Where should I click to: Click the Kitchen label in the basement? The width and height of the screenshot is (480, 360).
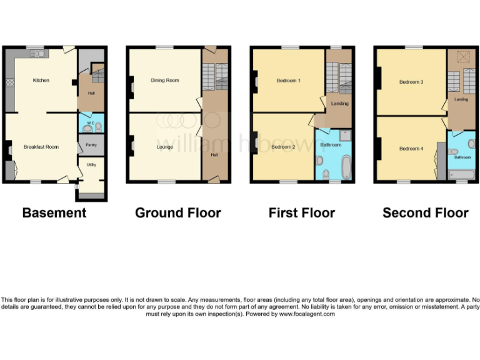[x=41, y=80]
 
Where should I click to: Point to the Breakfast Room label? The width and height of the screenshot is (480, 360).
[x=41, y=147]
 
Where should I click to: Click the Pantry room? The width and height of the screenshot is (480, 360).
[x=91, y=144]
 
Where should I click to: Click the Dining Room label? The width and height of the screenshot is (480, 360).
[x=164, y=80]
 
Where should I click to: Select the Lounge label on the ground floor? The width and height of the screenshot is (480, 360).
[x=164, y=147]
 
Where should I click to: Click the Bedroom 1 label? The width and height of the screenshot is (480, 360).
[x=289, y=80]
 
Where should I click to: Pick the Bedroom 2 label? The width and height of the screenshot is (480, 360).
[x=284, y=147]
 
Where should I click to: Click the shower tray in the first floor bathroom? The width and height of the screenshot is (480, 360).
[x=345, y=134]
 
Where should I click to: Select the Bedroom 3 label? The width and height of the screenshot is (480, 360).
[x=412, y=82]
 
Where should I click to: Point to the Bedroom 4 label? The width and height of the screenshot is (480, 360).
[x=411, y=148]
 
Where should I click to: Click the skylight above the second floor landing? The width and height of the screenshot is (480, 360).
[x=462, y=57]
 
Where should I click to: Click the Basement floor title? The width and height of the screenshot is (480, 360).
[x=54, y=213]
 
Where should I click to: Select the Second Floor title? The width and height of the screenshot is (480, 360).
[x=426, y=213]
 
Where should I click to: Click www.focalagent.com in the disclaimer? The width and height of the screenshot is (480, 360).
[x=307, y=314]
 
